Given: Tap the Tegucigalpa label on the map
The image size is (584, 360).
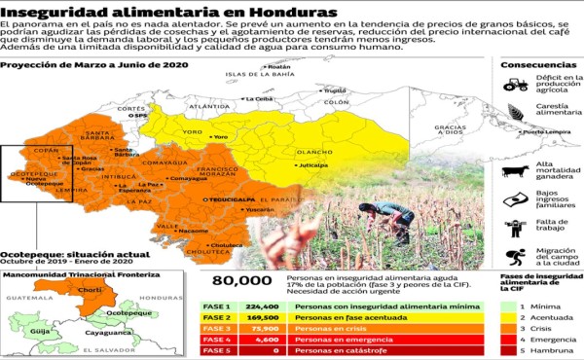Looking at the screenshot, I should point(222,198).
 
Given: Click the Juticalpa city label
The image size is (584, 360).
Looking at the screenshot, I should point(313,166).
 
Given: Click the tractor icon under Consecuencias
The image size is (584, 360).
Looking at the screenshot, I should point(516,85).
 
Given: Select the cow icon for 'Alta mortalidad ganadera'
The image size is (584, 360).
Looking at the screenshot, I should point(515,171).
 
